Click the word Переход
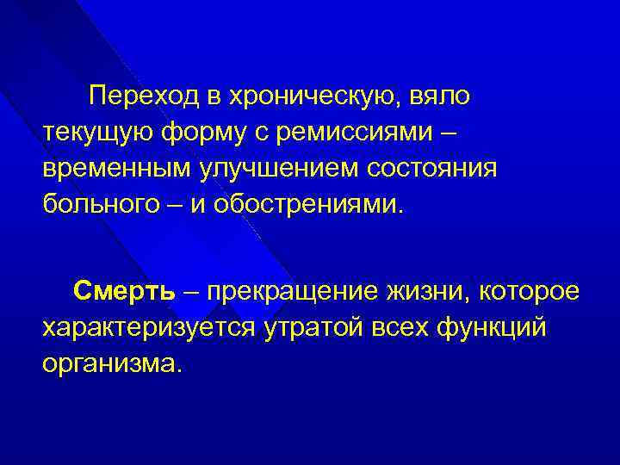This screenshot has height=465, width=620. pyautogui.click(x=142, y=97)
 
